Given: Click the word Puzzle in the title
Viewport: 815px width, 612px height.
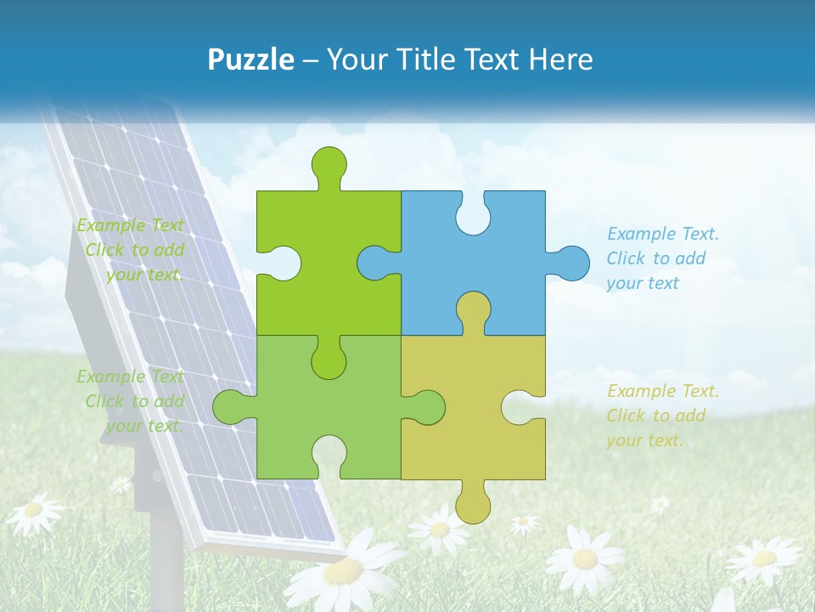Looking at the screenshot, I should click(x=251, y=59).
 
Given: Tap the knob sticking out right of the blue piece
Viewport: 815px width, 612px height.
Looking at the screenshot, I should click(x=570, y=263).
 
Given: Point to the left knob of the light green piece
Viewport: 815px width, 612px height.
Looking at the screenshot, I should click(x=229, y=407).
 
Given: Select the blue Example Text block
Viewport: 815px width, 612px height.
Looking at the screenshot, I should click(x=662, y=258).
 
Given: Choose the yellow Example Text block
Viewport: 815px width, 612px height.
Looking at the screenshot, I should click(x=662, y=416).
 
